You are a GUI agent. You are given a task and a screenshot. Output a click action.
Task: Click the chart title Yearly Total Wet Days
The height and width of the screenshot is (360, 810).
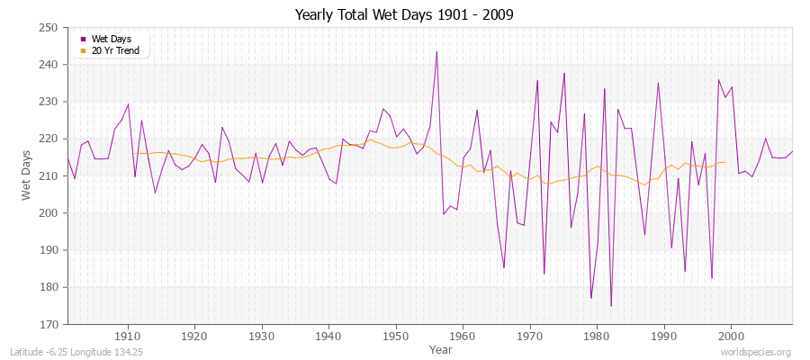tap(404, 15)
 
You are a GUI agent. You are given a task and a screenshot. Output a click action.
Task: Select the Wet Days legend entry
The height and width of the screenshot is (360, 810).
tap(111, 39)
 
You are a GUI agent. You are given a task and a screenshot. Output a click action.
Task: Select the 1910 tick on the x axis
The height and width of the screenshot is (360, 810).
tap(128, 336)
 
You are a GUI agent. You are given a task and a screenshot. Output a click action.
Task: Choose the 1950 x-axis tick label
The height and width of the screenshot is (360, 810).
tap(395, 336)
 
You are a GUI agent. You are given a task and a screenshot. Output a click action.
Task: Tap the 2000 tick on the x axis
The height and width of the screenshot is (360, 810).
tap(731, 336)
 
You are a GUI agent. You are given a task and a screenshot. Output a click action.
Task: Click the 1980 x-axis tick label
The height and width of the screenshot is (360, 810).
tap(597, 336)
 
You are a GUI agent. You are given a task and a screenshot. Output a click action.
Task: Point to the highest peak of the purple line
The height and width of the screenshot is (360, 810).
tap(436, 51)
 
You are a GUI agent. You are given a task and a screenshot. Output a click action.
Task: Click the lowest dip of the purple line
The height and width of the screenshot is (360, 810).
tap(611, 306)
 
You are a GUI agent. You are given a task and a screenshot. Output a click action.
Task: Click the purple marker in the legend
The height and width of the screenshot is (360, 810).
tap(84, 39)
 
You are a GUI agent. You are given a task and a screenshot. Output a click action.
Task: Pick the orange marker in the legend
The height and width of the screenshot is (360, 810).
tap(84, 49)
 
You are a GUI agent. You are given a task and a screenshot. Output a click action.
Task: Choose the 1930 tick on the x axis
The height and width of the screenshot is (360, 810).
tap(261, 336)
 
